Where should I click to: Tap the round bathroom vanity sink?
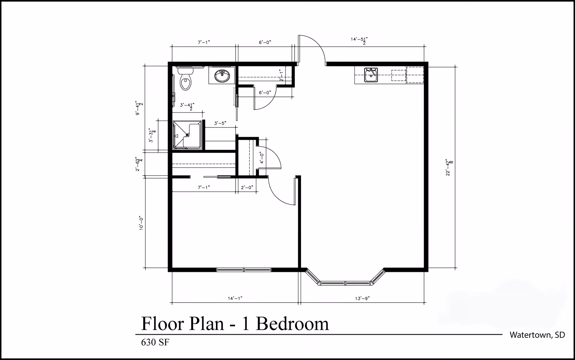(x=222, y=76)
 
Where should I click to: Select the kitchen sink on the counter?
(x=371, y=75)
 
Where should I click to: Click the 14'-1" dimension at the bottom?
(x=235, y=298)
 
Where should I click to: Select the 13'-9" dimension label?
(x=362, y=298)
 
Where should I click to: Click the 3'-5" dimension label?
(x=220, y=123)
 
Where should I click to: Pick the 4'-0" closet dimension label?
(x=262, y=158)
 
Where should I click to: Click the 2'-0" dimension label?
(x=247, y=187)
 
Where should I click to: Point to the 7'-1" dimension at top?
(x=204, y=42)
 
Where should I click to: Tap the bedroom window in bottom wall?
(x=244, y=270)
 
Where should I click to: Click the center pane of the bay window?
(x=346, y=283)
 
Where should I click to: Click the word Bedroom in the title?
(x=292, y=324)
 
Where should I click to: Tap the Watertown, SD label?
(x=537, y=335)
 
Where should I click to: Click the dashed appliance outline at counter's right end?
(x=415, y=75)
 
